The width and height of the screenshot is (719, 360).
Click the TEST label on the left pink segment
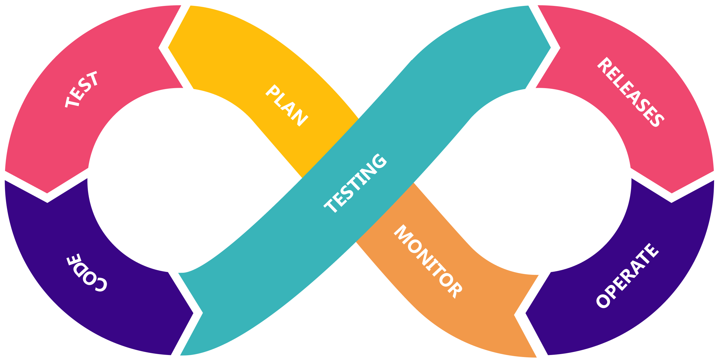point(82,89)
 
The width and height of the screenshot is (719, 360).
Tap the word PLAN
point(286,106)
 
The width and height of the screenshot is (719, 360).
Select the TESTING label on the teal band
point(356,183)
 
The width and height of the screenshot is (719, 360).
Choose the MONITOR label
point(428,261)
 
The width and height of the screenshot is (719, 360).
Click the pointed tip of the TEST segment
point(47,192)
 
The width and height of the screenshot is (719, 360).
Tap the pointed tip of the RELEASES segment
point(672,192)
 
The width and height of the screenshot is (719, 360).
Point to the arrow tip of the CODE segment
point(193,313)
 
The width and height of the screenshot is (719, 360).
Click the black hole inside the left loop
point(180,180)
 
